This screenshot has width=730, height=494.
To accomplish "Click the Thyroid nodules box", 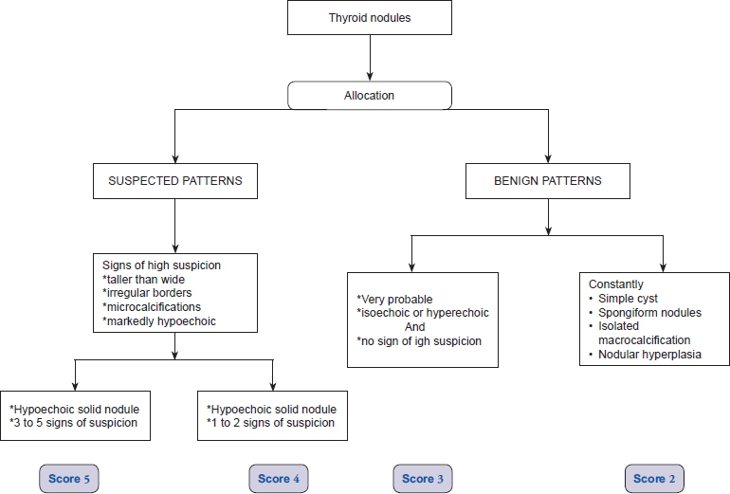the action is pos(370,18).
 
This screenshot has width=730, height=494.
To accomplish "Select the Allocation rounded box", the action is pos(370,96).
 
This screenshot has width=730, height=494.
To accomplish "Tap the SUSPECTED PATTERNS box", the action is pos(175,181).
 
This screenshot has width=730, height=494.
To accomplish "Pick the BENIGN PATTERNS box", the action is pos(548,181).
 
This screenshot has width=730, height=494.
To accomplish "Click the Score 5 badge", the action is pos(69,479).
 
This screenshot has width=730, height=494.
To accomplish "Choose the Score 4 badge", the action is pos(279,479).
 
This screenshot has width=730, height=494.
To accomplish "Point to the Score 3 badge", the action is pos(423,479).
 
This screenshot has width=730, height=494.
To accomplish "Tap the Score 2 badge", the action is pos(654,479).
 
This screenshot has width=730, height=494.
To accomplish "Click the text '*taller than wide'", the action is pos(143,280).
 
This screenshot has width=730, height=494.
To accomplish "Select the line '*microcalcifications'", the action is pos(152,307).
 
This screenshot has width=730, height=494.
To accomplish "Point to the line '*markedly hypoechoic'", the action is pos(158,321).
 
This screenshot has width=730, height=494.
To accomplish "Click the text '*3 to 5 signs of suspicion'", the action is pos(74,423).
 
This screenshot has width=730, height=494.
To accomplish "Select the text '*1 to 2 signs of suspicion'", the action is pos(270,423).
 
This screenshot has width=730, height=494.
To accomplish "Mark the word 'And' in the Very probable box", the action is pos(415,327).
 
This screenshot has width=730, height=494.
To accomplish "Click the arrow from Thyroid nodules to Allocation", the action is pos(370,58).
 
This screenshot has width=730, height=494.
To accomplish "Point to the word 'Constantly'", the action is pos(616,284).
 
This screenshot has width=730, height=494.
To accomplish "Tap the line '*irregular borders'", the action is pos(147,293).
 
